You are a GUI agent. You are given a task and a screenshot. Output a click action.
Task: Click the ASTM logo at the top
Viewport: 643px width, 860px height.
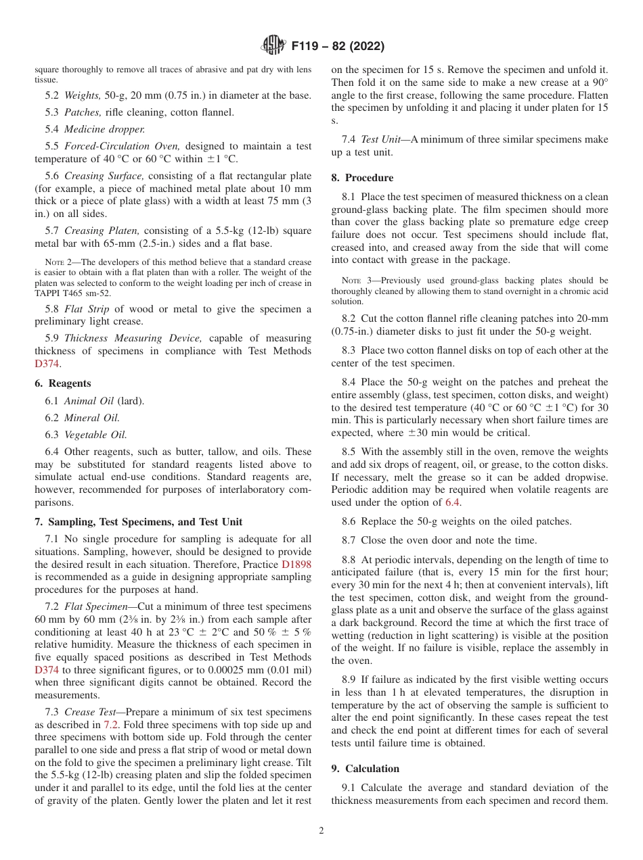click(x=273, y=46)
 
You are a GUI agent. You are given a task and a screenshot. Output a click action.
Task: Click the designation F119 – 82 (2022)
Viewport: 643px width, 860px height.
click(x=338, y=46)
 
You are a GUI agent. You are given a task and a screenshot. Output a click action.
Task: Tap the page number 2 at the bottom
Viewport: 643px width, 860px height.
click(x=321, y=831)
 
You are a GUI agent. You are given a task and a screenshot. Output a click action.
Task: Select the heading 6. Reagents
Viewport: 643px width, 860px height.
click(x=63, y=383)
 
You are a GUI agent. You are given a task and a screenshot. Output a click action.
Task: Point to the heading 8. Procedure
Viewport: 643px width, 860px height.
click(x=362, y=178)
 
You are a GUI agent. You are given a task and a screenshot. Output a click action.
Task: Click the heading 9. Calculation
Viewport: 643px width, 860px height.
click(x=365, y=769)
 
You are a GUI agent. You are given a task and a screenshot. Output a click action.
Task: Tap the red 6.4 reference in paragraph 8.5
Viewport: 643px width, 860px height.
click(x=453, y=502)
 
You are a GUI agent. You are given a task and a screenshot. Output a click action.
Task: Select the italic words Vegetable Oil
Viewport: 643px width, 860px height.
click(x=95, y=435)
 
